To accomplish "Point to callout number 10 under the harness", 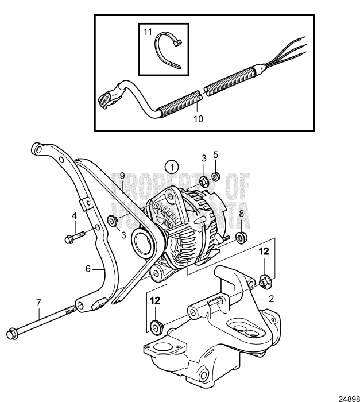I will tap(198, 119).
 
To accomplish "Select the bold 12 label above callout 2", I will tap(264, 251).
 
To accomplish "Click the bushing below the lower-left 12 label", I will tap(155, 328).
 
